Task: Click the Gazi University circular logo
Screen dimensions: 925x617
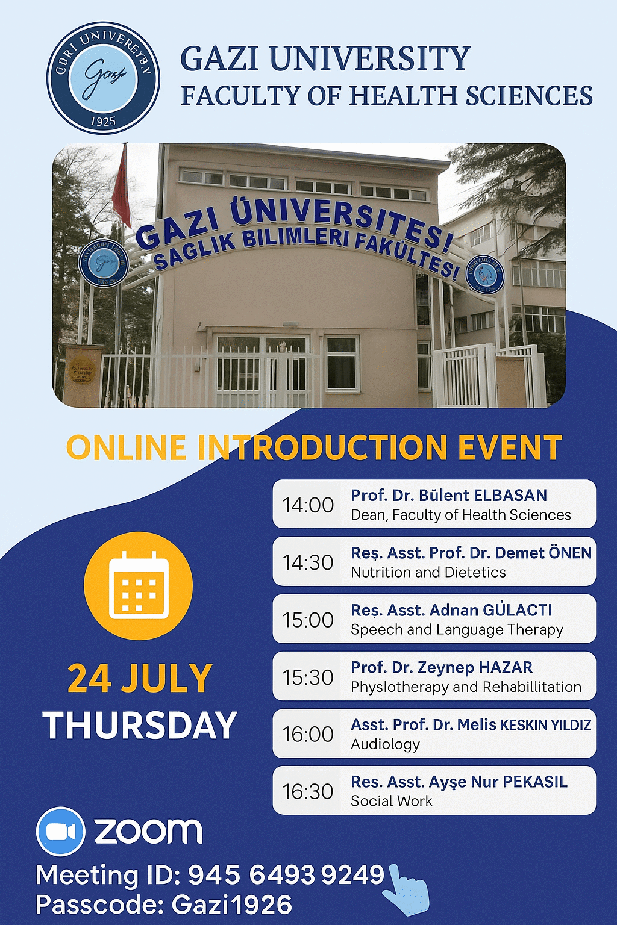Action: click(x=103, y=78)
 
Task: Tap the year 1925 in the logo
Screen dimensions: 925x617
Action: click(x=103, y=120)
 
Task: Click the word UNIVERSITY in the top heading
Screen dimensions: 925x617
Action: click(x=369, y=59)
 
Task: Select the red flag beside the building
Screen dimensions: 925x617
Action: click(x=122, y=187)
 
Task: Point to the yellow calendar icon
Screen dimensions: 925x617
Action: click(x=138, y=585)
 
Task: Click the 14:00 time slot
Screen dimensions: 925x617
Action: click(x=308, y=505)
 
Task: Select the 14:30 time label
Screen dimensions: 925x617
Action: click(x=308, y=562)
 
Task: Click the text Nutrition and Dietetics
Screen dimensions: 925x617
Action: click(x=428, y=572)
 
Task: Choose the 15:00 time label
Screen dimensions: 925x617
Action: click(x=308, y=620)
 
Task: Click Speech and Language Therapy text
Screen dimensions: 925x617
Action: click(x=457, y=630)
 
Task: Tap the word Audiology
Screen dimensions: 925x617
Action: click(x=385, y=744)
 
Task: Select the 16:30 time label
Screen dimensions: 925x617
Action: click(x=308, y=791)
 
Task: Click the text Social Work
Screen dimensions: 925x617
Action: click(x=392, y=801)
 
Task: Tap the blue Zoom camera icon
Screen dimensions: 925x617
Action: click(x=60, y=831)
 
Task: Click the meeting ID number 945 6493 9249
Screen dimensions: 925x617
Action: click(x=286, y=875)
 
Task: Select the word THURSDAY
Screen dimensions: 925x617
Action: click(x=140, y=725)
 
